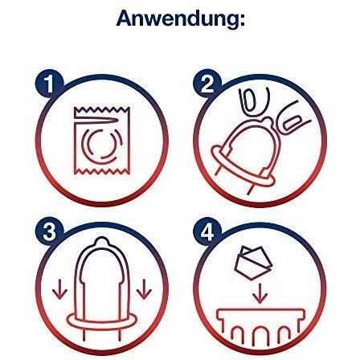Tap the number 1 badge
click(x=49, y=84)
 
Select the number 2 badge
click(x=207, y=84)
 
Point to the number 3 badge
click(x=49, y=231)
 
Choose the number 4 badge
click(x=207, y=231)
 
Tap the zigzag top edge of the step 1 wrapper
click(x=102, y=110)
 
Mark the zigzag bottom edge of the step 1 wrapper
click(x=102, y=171)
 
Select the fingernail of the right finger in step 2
click(x=292, y=122)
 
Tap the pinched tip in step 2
click(x=267, y=122)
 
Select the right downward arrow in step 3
click(x=145, y=289)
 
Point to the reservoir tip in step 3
click(x=101, y=241)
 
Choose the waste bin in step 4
click(x=260, y=311)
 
